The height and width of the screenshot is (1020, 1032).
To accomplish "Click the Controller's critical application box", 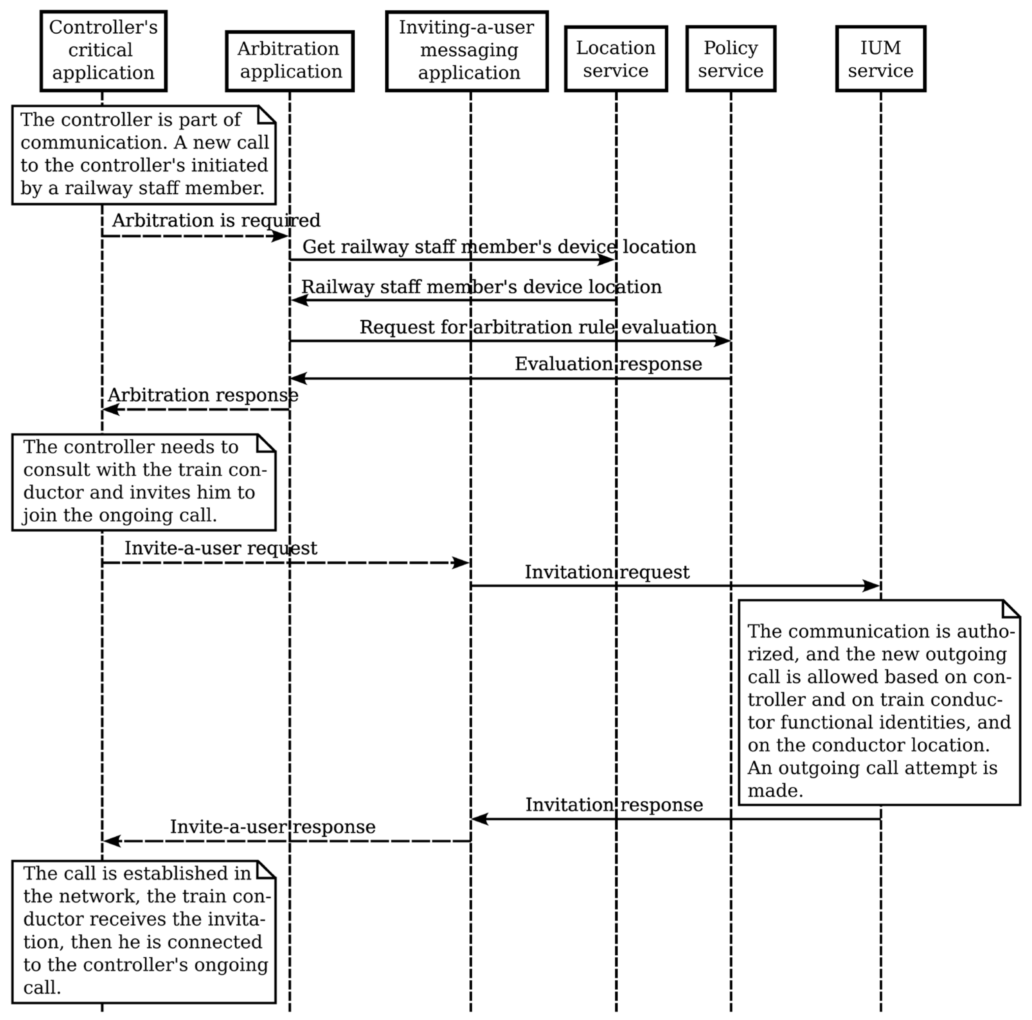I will click(103, 51).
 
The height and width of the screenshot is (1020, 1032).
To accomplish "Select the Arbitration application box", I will click(290, 61).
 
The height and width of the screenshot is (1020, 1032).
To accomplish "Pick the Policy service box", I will click(730, 59).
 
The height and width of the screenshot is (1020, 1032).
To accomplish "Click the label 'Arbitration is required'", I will click(216, 220).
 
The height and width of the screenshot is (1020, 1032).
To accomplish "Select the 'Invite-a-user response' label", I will click(272, 827).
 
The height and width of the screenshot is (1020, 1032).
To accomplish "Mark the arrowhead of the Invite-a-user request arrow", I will click(461, 563).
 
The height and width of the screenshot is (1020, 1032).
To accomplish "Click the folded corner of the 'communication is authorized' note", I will click(1011, 608).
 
